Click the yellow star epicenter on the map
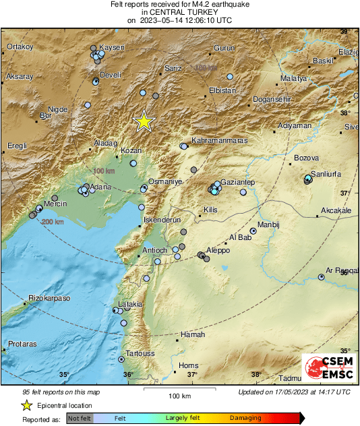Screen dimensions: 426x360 tap(144, 121)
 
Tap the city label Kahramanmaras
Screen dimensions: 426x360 tap(220, 140)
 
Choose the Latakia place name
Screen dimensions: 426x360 tap(130, 304)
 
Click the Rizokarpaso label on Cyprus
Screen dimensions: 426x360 tap(49, 298)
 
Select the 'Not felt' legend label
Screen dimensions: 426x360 tap(80, 419)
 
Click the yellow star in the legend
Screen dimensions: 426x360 tap(26, 405)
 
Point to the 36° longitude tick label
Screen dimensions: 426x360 tap(128, 375)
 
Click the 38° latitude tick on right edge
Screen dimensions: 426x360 tap(345, 113)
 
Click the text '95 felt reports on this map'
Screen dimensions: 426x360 tap(62, 392)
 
